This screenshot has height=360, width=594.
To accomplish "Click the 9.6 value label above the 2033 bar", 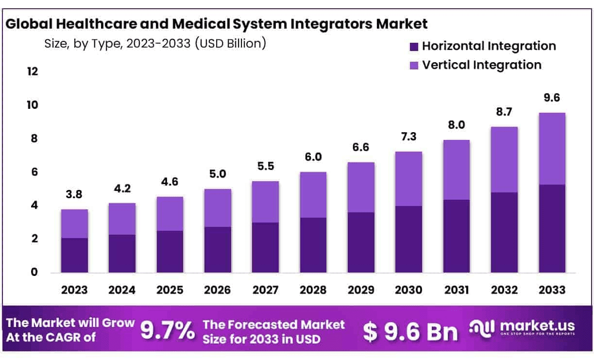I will [552, 98].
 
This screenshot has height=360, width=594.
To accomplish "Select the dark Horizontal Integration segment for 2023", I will [74, 255].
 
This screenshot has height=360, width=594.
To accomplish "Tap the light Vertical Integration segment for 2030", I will [408, 179].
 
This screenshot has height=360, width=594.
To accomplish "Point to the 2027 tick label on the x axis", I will [265, 290].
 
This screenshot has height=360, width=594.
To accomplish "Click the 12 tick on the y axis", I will [32, 72].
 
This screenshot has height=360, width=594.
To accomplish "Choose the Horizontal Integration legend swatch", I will [414, 47].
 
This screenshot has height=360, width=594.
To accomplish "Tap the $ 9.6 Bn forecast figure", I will [410, 332].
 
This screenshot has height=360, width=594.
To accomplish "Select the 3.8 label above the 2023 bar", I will [74, 195].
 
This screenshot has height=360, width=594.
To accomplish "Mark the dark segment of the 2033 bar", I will [552, 228].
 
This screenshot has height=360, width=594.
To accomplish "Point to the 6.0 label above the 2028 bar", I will [313, 157].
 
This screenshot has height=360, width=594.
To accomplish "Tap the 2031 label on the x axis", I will [456, 290].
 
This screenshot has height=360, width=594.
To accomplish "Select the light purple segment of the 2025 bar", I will [170, 214].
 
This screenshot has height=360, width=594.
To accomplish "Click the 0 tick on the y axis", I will [34, 273].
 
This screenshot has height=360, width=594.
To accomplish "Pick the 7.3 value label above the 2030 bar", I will [408, 137].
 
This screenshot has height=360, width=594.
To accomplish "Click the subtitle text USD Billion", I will [230, 44].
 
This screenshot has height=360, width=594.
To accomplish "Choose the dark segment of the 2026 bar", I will [218, 250].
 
